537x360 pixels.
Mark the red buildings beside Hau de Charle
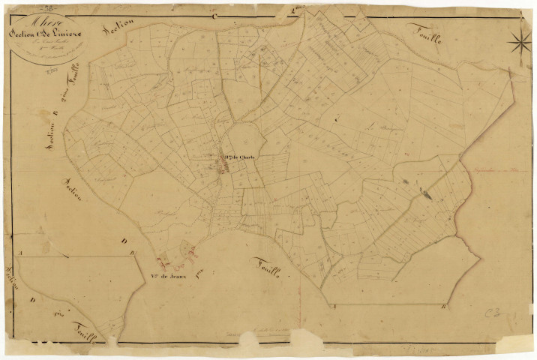(x=222, y=170)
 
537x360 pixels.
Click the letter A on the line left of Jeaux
(x=21, y=255)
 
